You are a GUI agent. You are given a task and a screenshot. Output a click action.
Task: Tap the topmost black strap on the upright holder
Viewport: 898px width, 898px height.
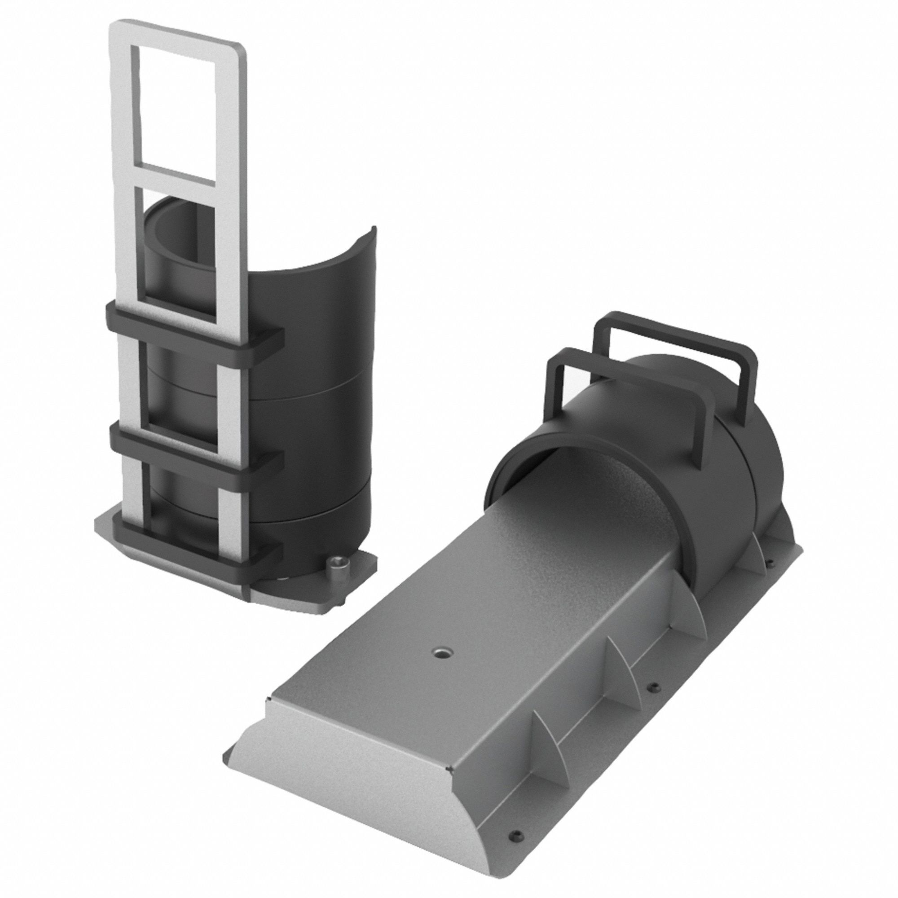point(195,326)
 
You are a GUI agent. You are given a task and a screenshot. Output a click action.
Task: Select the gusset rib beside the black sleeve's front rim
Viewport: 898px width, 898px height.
point(697,618)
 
